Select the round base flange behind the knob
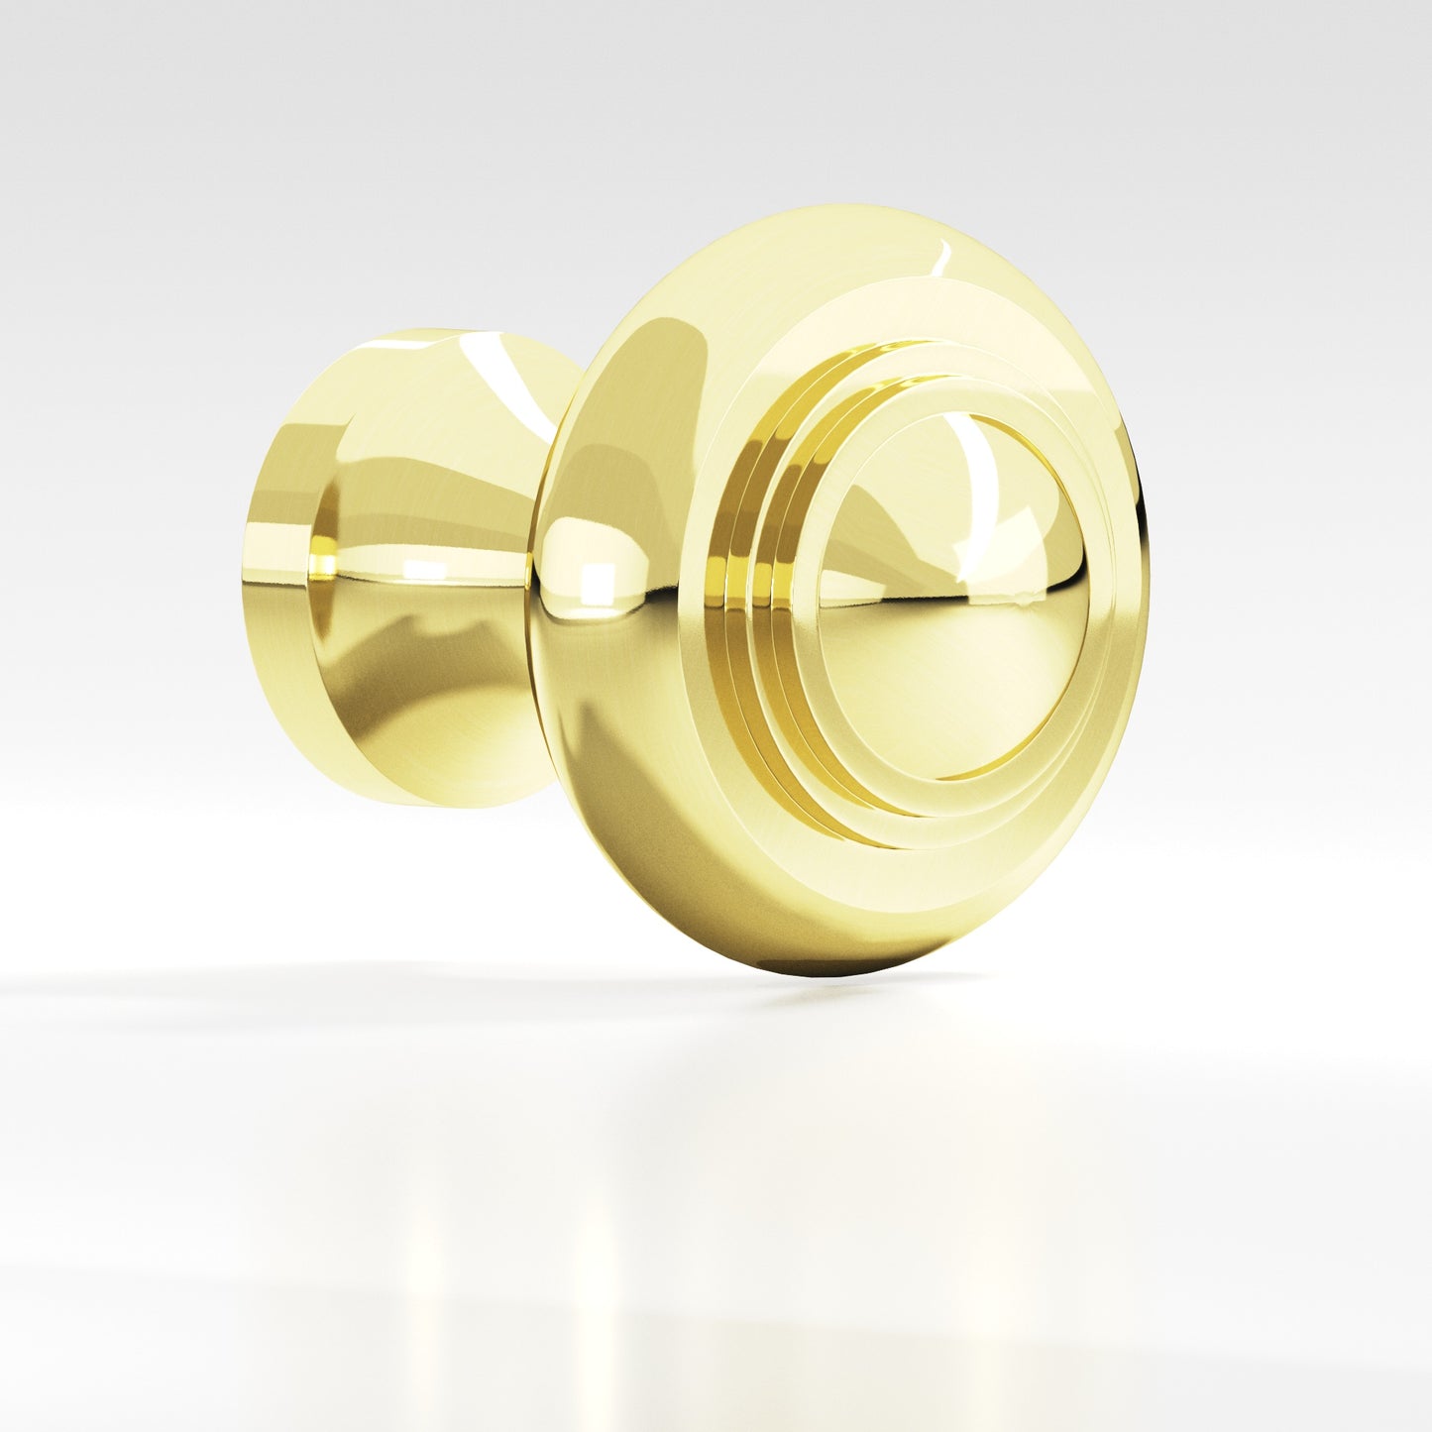297,575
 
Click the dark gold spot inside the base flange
321,565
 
